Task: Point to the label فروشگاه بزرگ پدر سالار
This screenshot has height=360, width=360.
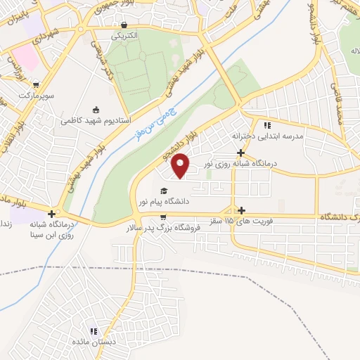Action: [x=163, y=228]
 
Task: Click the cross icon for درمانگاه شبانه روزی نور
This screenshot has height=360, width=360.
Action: [x=240, y=153]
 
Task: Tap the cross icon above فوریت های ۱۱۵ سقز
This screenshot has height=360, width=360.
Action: [x=242, y=210]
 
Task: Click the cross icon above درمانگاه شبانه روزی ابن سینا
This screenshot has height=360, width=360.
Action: [x=51, y=214]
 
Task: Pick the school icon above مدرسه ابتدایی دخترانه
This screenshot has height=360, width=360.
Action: [x=267, y=125]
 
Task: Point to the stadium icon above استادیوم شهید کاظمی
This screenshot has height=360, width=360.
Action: [x=96, y=109]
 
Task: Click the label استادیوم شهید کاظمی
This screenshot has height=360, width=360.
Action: [x=96, y=121]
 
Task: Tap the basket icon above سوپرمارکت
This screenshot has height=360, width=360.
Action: [x=36, y=82]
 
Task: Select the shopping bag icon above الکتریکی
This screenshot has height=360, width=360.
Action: [x=124, y=23]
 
